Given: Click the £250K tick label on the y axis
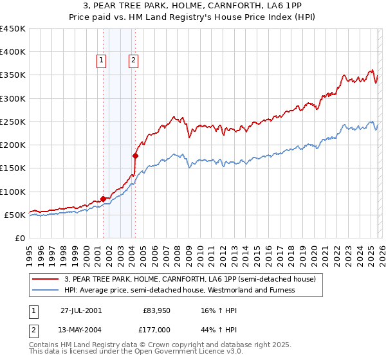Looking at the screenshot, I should pos(13,122).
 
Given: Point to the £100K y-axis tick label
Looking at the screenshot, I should pos(13,192).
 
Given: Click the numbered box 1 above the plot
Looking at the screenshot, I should pos(102,61).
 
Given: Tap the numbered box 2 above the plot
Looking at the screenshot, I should pos(133,61).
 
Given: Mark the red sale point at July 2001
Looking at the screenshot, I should pos(104,199).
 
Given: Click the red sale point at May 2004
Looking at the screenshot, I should pos(135,156).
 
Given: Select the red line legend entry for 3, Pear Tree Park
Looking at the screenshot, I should pos(190,280).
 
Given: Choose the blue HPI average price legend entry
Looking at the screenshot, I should pos(179,291).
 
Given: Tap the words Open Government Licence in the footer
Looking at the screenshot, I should pos(178,353).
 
